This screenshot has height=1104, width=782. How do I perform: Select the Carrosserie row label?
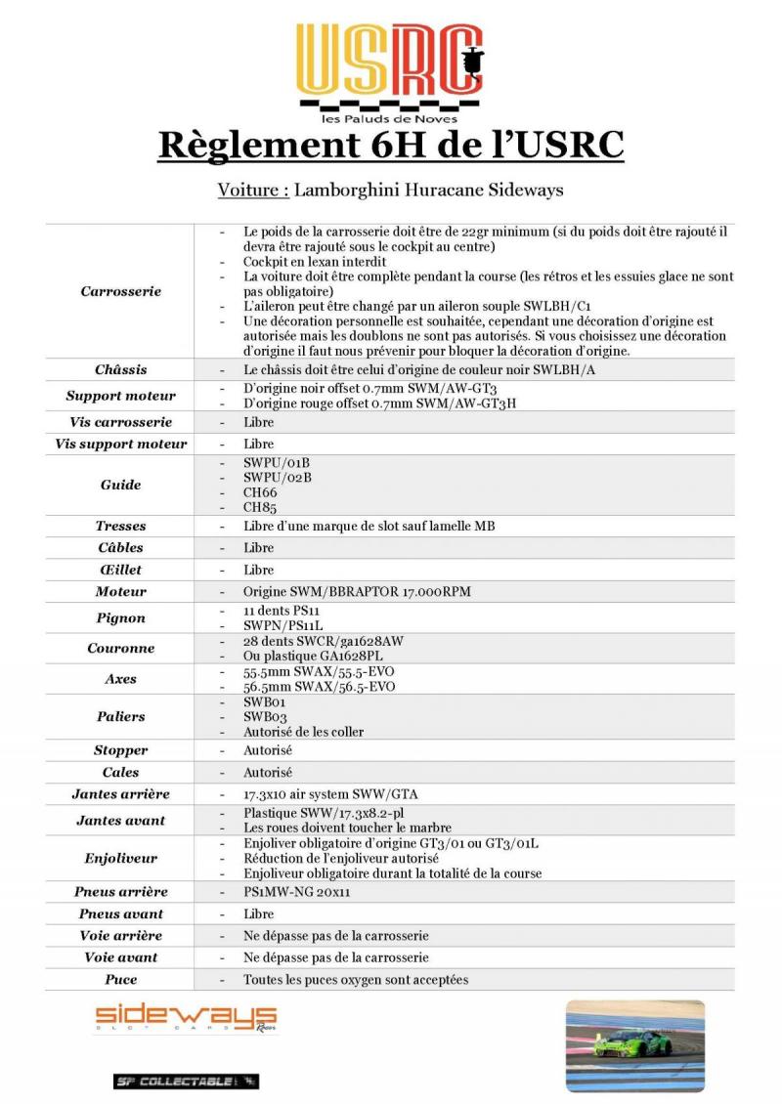121,291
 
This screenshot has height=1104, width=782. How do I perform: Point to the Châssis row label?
121,370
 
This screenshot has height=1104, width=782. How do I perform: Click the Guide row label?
121,485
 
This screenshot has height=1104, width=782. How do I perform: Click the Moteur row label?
121,591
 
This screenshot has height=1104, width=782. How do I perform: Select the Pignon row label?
121,617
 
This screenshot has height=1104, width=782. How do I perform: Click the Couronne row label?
121,648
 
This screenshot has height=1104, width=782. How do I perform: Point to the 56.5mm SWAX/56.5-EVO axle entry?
319,687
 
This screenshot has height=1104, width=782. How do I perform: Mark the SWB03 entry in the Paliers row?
263,716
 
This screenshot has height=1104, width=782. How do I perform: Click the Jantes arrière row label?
121,794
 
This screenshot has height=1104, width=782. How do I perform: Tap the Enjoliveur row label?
121,858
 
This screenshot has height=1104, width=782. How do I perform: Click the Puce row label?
121,979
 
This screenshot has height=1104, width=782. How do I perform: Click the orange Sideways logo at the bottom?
186,1018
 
